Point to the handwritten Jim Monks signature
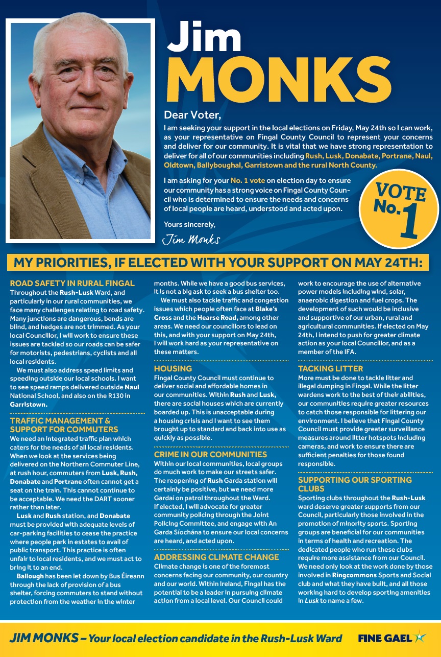tap(191, 239)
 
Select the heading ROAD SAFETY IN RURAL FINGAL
tap(72, 283)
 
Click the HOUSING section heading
tap(173, 368)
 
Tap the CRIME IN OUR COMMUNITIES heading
tap(210, 454)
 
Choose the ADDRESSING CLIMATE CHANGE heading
tap(216, 557)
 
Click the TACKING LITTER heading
tap(330, 368)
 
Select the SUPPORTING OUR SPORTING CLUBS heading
tap(355, 484)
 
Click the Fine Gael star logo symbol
tap(420, 637)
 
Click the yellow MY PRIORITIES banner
tap(218, 263)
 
